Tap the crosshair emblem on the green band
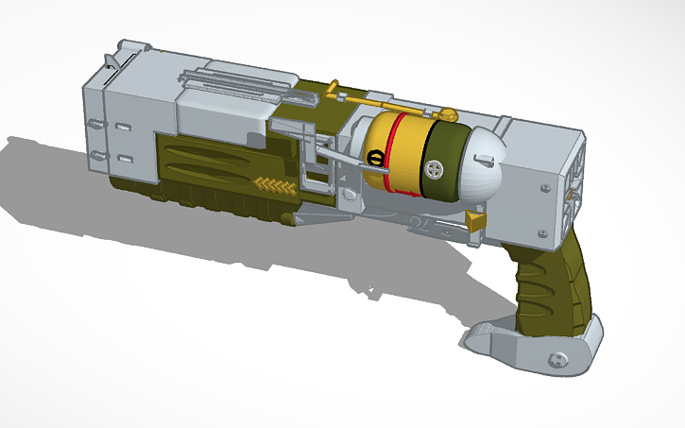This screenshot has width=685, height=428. click(434, 170)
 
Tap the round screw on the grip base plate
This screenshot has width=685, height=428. click(557, 358)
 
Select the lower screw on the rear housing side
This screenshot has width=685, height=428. click(542, 232)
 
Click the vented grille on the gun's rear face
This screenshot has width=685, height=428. click(571, 194)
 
